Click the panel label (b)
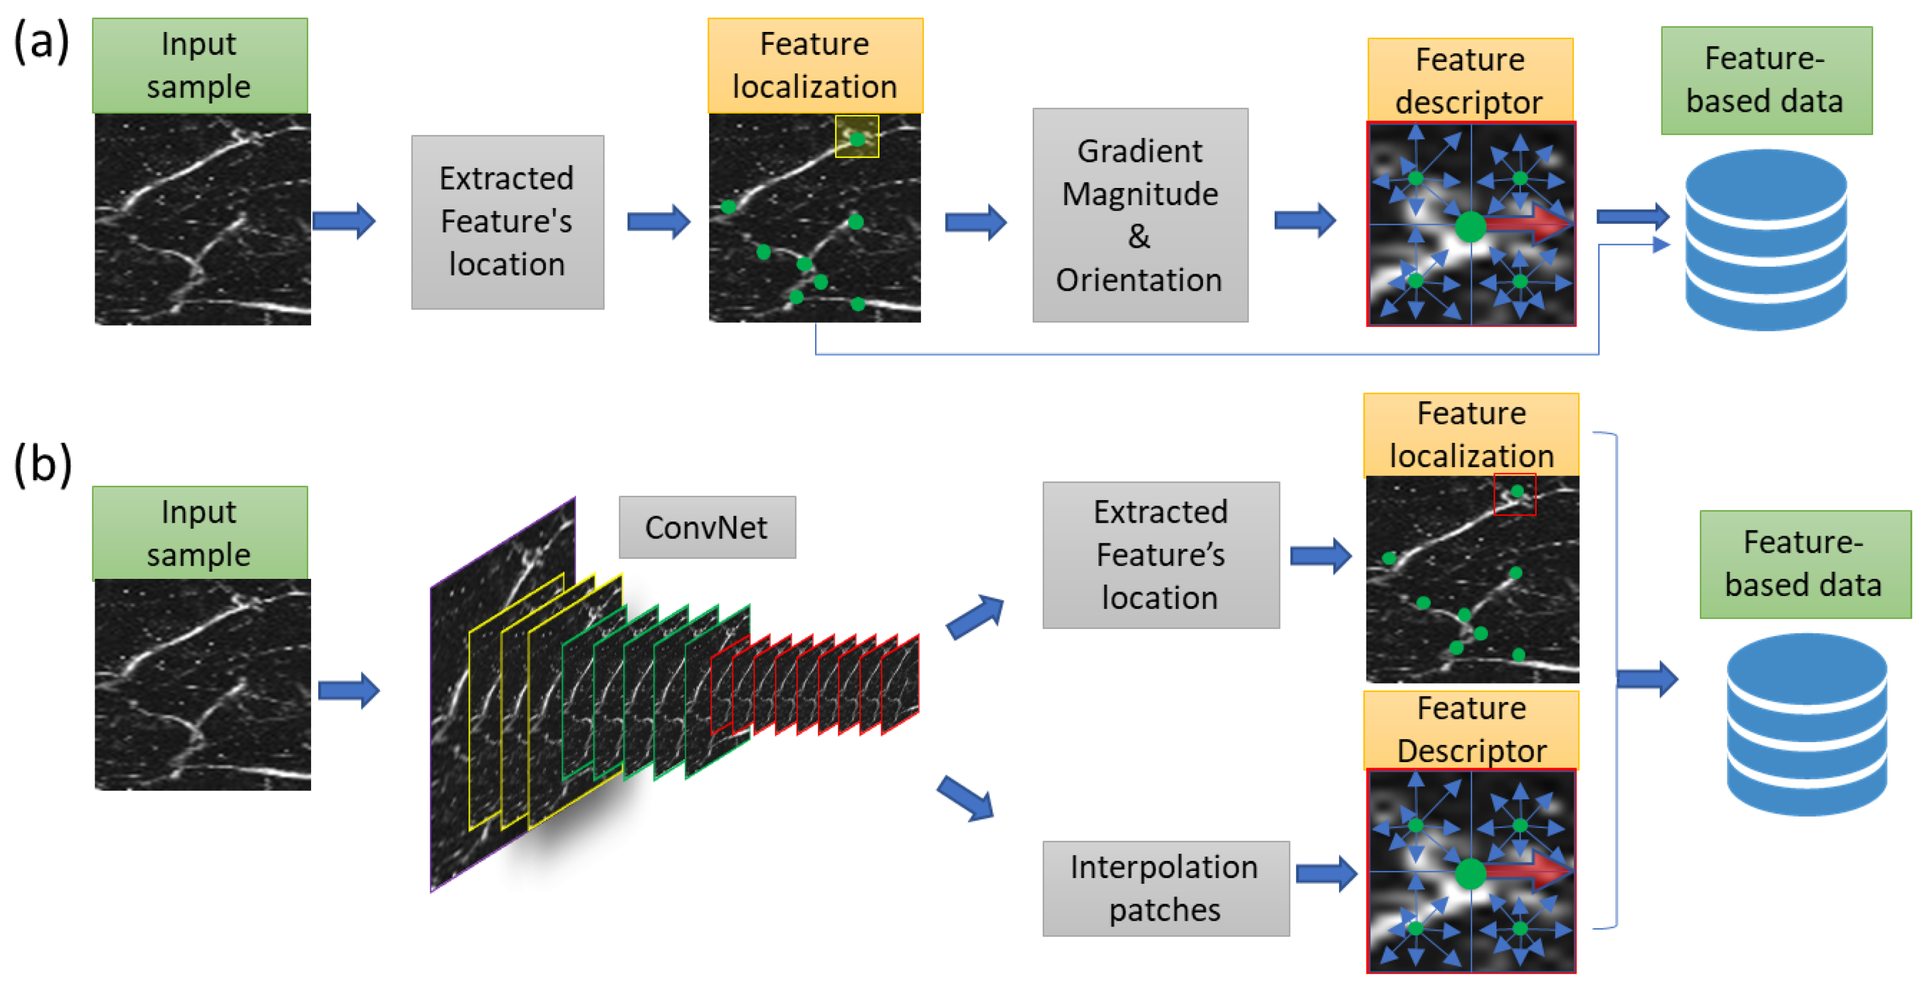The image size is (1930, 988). (43, 464)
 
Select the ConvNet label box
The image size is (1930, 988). (706, 527)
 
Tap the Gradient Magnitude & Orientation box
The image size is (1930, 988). (1140, 216)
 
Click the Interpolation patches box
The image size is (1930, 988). (1165, 889)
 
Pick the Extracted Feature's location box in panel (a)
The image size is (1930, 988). (507, 222)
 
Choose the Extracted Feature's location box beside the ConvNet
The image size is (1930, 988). (1160, 555)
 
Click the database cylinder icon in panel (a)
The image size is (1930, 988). (1765, 239)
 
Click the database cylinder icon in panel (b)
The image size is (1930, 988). (1806, 724)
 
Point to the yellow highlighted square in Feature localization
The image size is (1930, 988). (857, 137)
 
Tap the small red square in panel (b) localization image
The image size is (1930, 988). (1514, 494)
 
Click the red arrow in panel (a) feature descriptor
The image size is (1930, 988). (1528, 222)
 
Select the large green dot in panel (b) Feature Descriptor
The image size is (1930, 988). (1470, 873)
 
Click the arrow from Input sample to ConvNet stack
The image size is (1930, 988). (348, 690)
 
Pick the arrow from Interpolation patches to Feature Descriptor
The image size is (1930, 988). (1326, 873)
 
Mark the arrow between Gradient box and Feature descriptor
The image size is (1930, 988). (1304, 220)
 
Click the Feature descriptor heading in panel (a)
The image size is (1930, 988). (1469, 80)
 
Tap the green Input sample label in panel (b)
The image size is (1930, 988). (199, 533)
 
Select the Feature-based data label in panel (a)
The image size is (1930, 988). (1766, 80)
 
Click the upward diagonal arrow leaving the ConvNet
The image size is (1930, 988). (974, 617)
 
